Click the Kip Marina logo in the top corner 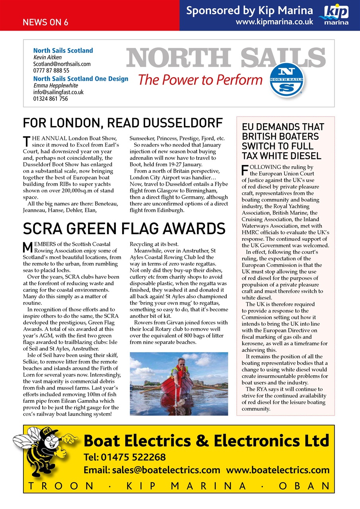(x=336, y=15)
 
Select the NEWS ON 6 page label (x=45, y=22)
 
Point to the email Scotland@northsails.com (x=62, y=64)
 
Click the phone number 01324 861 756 (x=51, y=99)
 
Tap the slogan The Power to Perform (x=200, y=80)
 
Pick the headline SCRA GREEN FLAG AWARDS (x=124, y=229)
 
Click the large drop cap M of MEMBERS (x=27, y=247)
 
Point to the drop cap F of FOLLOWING (x=245, y=170)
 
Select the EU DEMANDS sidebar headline (x=283, y=141)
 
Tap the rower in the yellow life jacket (x=179, y=372)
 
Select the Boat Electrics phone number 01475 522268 (x=125, y=457)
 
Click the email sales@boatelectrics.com (x=152, y=470)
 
